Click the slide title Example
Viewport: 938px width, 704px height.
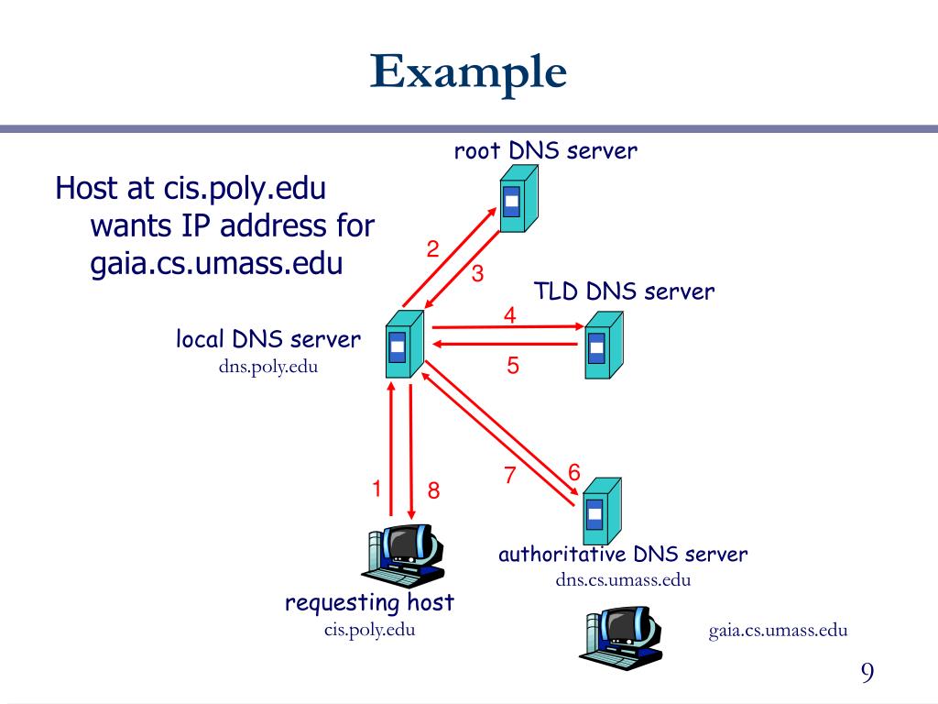tap(468, 73)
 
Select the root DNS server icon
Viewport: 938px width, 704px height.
tap(518, 198)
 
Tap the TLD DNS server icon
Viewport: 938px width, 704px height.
tap(604, 345)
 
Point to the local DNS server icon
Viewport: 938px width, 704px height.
tap(404, 345)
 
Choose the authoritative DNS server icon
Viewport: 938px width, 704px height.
tap(602, 511)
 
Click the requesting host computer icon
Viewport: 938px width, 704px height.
tap(403, 556)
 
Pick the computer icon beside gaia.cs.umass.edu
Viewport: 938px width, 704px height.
tap(621, 638)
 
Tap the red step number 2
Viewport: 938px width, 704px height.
tap(433, 249)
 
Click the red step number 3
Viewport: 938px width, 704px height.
tap(477, 273)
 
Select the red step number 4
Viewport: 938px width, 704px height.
tap(509, 315)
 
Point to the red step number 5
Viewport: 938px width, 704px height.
tap(513, 365)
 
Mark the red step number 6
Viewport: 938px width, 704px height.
tap(574, 472)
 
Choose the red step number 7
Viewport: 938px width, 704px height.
tap(509, 475)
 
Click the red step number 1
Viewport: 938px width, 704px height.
tap(376, 489)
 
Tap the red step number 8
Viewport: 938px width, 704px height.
tap(433, 491)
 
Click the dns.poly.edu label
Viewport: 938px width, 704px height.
tap(268, 367)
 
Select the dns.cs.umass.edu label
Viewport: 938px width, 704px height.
tap(623, 579)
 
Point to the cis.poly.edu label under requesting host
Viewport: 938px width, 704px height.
tap(370, 630)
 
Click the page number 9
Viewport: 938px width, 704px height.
tap(867, 673)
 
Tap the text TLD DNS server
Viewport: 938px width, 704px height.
tap(624, 291)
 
